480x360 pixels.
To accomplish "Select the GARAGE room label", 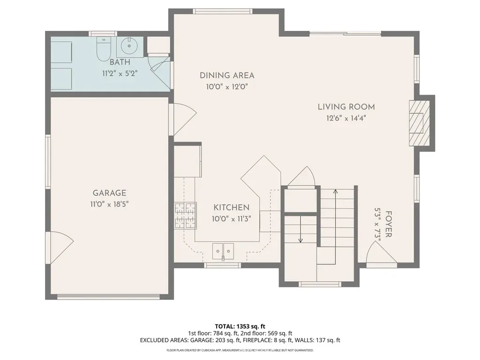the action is [109, 193].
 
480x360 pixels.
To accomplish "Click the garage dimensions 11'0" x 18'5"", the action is [109, 204].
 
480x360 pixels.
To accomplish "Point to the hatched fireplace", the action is [420, 123].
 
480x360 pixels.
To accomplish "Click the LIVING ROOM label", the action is [346, 107].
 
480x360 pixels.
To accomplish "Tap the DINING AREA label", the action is [227, 75].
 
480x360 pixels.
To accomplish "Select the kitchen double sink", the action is [223, 251].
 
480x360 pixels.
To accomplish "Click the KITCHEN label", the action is [232, 208].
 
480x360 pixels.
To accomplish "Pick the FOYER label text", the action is [389, 224].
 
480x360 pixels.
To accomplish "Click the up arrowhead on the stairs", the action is [335, 192].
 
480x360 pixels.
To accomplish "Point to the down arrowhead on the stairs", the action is [300, 240].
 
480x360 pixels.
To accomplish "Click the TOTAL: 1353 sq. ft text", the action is [240, 326].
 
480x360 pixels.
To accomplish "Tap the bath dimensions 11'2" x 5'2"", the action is [120, 74].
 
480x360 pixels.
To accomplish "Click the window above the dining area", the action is [223, 11].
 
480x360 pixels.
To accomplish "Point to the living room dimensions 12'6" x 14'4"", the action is [346, 118].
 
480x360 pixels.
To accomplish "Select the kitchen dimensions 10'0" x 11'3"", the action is [232, 219].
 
